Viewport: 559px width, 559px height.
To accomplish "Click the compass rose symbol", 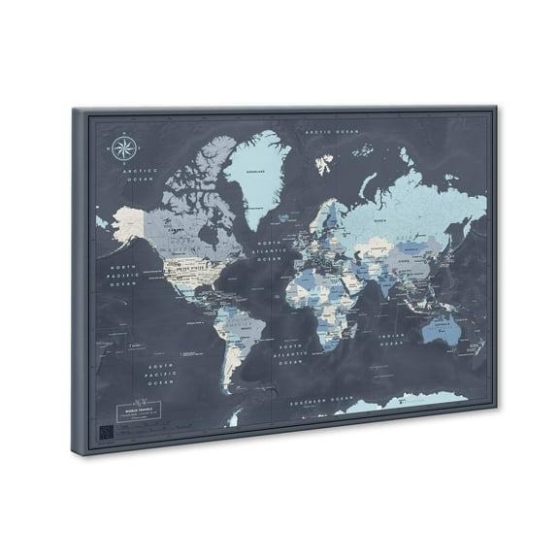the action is tap(123, 148).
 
